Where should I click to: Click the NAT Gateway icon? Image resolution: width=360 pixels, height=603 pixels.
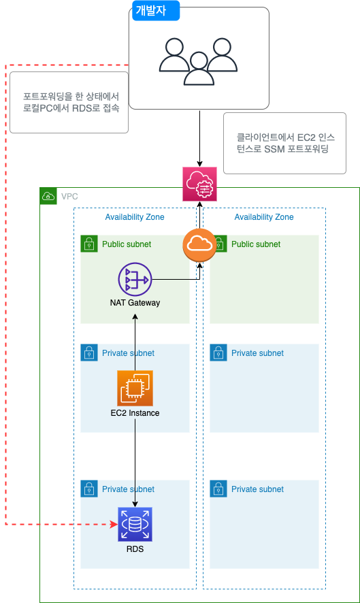tap(135, 280)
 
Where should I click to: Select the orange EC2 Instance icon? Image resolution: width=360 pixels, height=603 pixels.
tap(135, 388)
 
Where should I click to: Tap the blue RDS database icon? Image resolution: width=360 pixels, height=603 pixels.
tap(135, 524)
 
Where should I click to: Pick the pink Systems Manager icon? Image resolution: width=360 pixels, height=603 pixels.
tap(199, 184)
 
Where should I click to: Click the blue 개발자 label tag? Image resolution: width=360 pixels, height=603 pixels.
tap(156, 10)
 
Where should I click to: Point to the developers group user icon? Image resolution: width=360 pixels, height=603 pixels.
tap(199, 61)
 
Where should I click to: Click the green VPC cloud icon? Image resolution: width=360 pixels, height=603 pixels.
tap(48, 196)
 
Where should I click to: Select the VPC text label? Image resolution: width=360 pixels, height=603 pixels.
tap(69, 197)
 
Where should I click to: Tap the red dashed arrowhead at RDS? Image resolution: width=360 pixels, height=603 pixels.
tap(114, 524)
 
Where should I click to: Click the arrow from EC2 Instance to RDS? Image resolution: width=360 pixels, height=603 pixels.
tap(135, 463)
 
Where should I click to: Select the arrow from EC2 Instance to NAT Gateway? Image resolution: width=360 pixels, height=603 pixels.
tap(135, 342)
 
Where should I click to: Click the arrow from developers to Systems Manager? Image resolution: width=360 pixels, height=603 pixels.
tap(199, 139)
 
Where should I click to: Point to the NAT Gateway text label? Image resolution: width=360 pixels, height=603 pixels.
tap(135, 303)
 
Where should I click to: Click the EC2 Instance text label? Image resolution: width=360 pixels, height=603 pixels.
tap(135, 413)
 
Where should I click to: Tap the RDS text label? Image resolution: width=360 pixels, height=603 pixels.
tap(135, 549)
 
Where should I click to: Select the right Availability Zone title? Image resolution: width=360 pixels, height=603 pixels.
tap(264, 217)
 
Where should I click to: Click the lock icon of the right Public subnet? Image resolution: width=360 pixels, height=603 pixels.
tap(218, 244)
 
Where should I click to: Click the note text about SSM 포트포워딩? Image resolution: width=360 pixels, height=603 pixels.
tap(285, 143)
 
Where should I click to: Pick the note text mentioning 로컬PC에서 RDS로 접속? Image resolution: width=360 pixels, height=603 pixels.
tap(71, 102)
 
